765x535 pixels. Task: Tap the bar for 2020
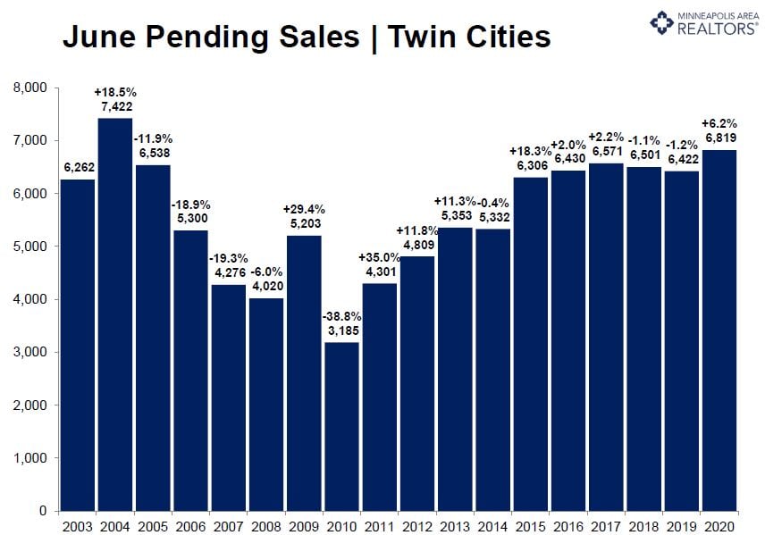719,330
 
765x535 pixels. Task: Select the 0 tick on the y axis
42,511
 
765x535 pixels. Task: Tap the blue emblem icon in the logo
661,22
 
